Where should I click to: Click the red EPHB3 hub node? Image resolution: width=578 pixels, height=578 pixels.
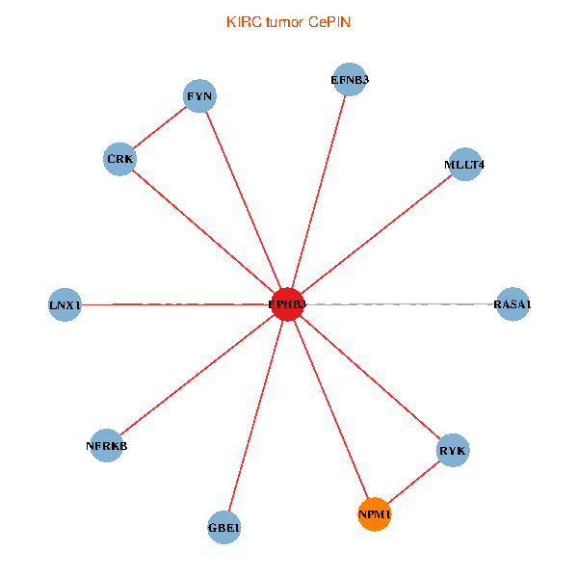(287, 304)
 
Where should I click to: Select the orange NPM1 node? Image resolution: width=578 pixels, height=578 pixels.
(375, 515)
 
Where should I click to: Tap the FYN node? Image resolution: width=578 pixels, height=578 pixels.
(200, 95)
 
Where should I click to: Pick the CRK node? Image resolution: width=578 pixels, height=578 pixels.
(119, 159)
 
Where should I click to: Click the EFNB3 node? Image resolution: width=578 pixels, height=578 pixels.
(349, 80)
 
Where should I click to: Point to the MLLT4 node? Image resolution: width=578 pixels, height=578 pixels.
(464, 164)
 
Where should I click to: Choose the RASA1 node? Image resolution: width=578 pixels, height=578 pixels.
(512, 304)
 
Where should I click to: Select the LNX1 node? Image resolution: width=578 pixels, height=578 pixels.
(65, 305)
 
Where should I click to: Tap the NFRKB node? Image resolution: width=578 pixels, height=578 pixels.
(106, 445)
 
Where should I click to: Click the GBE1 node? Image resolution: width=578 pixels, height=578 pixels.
(223, 527)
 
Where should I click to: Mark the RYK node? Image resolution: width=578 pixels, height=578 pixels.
(452, 450)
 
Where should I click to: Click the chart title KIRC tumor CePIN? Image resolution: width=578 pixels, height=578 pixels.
(288, 21)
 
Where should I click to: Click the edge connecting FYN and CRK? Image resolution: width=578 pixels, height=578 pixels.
(160, 127)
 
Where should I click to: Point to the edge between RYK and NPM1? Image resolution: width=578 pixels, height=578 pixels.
(413, 483)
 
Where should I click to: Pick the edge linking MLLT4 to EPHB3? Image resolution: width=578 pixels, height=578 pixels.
(376, 234)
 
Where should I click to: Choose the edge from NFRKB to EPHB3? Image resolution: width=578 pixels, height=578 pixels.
(197, 375)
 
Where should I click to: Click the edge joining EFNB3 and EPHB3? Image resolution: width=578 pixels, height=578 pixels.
(318, 193)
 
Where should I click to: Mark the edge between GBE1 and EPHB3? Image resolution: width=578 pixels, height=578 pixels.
(255, 416)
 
